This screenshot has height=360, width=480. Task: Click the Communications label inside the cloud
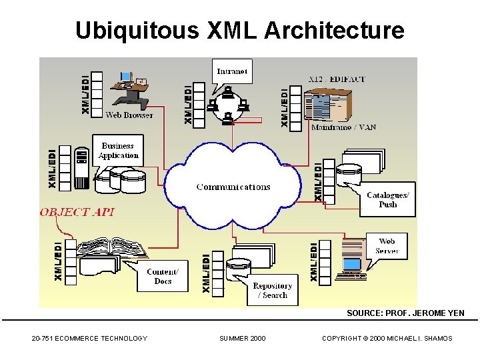[x=233, y=187]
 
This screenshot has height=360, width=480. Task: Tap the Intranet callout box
[x=232, y=71]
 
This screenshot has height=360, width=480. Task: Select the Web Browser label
[x=129, y=115]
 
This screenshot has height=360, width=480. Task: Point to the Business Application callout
[x=118, y=151]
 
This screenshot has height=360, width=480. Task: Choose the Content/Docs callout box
[x=163, y=276]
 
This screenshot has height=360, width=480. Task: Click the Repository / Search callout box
[x=272, y=291]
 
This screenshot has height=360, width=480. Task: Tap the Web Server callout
[x=387, y=247]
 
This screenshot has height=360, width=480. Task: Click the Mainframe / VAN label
[x=343, y=127]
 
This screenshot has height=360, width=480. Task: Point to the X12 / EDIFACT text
[x=337, y=79]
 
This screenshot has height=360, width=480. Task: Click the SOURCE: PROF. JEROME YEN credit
[x=405, y=313]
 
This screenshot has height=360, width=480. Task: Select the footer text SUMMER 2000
[x=242, y=339]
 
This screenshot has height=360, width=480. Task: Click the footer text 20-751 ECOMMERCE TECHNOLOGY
[x=89, y=339]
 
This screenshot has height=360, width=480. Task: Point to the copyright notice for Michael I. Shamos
[x=387, y=339]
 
